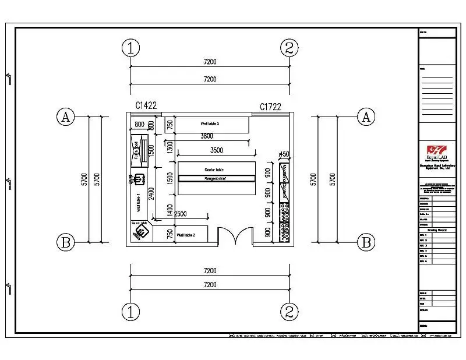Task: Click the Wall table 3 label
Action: (210, 123)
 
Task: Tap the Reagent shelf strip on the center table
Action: (216, 178)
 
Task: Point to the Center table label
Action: (214, 170)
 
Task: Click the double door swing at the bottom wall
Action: (235, 236)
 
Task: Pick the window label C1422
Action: (146, 105)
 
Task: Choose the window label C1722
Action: (271, 106)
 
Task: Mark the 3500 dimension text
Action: (216, 150)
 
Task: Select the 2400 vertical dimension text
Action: (151, 193)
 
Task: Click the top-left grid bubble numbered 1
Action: (131, 48)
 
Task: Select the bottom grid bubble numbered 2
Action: (290, 312)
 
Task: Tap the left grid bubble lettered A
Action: (66, 117)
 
